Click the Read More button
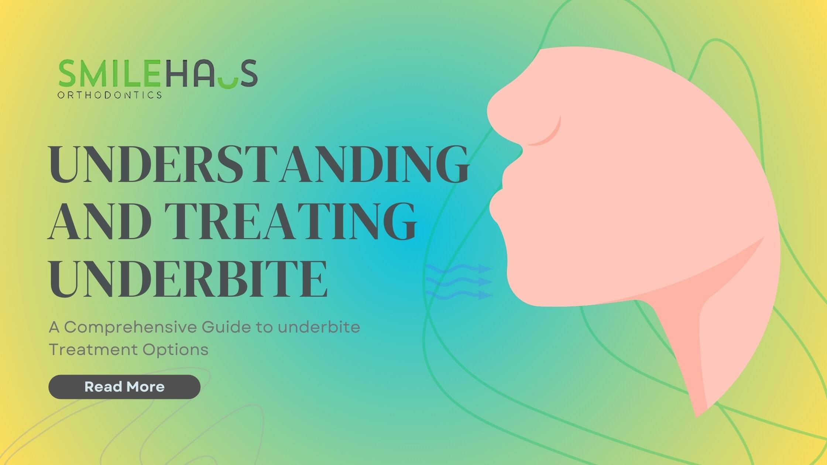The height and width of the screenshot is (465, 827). (x=124, y=387)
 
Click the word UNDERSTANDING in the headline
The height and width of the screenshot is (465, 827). (x=259, y=164)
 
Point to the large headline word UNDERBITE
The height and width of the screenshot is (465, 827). (x=188, y=278)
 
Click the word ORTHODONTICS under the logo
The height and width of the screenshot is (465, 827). (x=110, y=95)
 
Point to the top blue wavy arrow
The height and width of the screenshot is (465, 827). (x=459, y=269)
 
